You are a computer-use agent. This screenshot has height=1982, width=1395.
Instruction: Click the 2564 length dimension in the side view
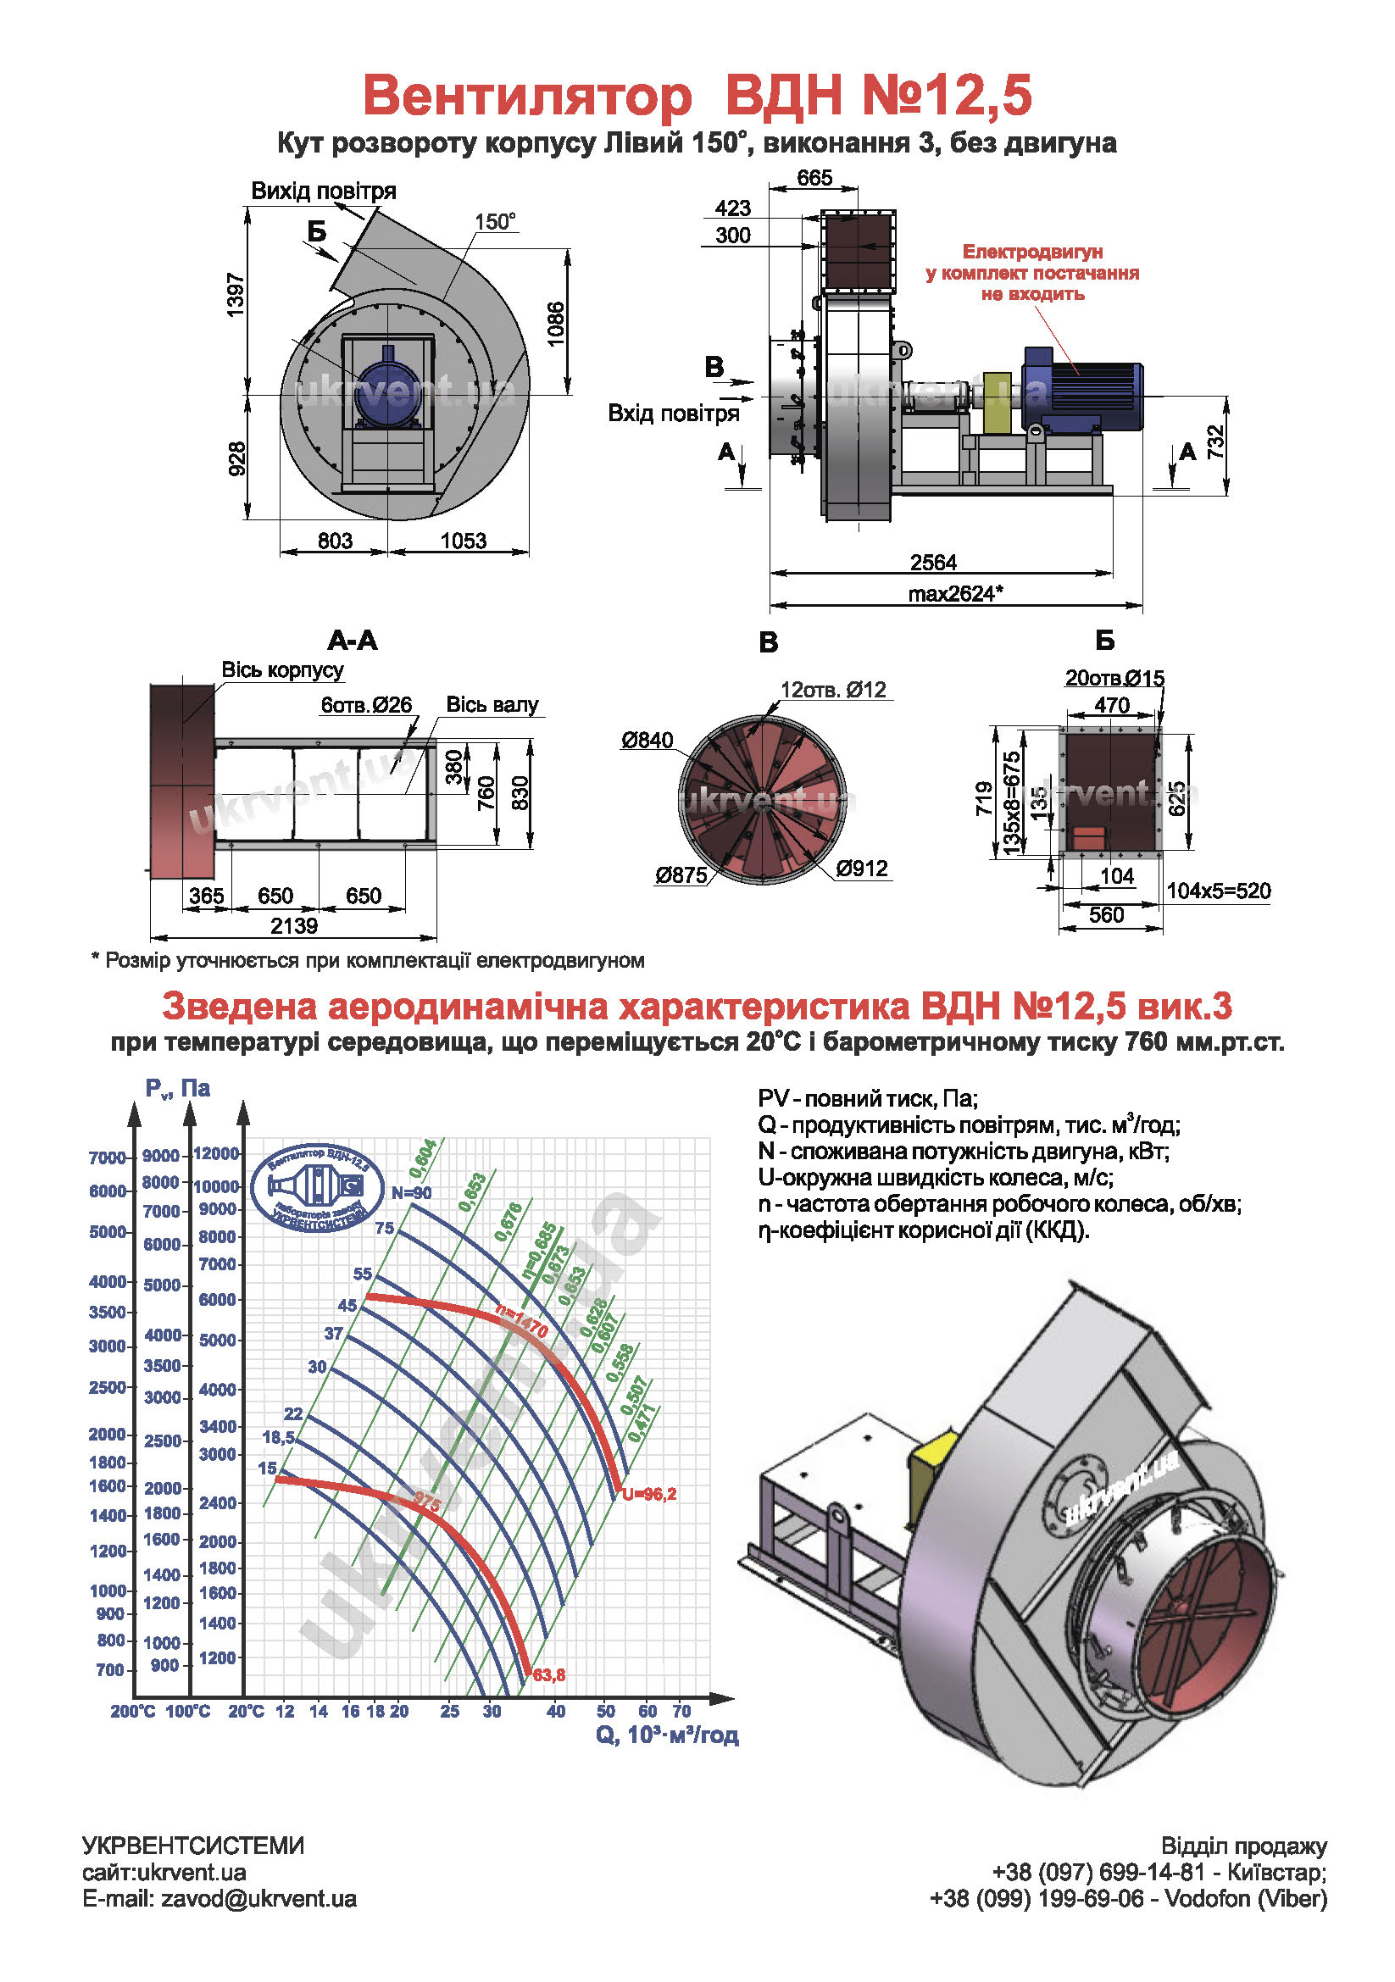[x=932, y=562]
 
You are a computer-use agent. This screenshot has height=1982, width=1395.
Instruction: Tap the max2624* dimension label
[x=955, y=593]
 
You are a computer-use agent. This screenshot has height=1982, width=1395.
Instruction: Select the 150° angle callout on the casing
[x=495, y=222]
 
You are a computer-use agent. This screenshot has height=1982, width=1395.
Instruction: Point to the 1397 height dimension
[x=236, y=294]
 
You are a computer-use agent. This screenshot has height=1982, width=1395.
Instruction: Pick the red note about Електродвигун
[x=1031, y=273]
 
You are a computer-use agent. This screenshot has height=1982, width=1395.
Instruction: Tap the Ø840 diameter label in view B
[x=647, y=740]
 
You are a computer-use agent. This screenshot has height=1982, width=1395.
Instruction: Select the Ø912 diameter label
[x=862, y=869]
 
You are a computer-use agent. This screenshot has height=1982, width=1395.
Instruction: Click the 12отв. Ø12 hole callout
[x=833, y=690]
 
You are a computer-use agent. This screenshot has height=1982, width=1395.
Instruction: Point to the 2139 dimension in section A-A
[x=293, y=925]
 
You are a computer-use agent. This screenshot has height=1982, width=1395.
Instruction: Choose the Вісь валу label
[x=492, y=704]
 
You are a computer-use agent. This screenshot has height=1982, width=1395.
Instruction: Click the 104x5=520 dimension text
[x=1218, y=890]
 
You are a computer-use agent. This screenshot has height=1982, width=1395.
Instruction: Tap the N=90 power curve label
[x=411, y=1192]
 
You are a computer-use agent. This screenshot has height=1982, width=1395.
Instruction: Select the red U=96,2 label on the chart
[x=649, y=1494]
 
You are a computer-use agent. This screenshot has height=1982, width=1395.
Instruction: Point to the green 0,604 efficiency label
[x=423, y=1158]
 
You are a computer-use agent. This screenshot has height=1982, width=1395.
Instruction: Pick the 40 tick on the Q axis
[x=556, y=1710]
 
